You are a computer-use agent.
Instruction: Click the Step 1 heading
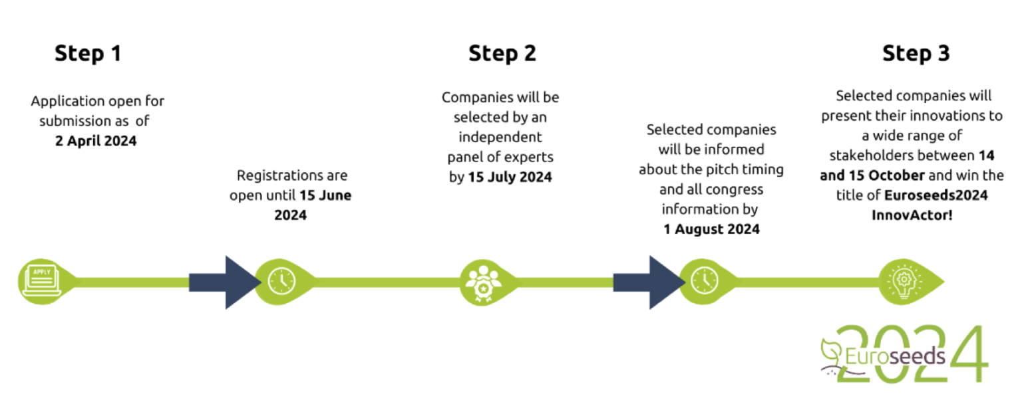click(88, 53)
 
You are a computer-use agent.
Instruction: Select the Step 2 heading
click(502, 53)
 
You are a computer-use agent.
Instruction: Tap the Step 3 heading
click(916, 53)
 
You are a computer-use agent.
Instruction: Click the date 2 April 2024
click(96, 141)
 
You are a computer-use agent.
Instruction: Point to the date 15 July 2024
click(510, 177)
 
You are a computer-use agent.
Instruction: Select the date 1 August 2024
click(711, 229)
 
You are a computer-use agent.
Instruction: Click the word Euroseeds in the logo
click(895, 357)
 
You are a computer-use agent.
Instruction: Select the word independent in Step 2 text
click(500, 138)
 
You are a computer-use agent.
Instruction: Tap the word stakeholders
click(868, 156)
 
